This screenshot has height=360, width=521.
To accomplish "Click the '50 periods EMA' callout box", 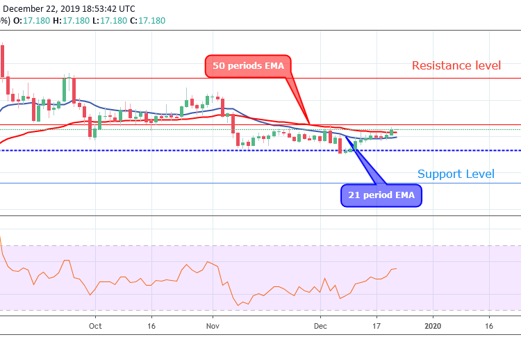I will (248, 66).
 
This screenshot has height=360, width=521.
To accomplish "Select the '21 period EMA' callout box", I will (381, 195).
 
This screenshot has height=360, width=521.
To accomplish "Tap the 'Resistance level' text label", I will (456, 65).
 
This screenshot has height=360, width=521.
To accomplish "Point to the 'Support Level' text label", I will (456, 174).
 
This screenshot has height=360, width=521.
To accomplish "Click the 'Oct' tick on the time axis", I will (95, 325).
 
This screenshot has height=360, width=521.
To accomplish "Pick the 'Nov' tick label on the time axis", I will (213, 325).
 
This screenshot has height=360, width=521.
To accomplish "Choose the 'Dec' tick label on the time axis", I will (320, 325).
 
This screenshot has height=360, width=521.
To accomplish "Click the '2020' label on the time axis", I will (432, 325).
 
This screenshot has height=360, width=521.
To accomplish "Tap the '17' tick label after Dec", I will (376, 325).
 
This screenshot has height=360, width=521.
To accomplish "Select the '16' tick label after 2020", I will (488, 325).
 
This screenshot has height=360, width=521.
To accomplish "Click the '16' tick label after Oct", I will (151, 325).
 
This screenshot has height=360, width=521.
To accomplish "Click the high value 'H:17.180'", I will (72, 21).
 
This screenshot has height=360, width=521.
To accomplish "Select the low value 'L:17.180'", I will (110, 21).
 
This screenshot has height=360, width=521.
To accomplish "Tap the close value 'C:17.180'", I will (147, 21).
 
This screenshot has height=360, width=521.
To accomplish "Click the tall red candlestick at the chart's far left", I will (3, 61).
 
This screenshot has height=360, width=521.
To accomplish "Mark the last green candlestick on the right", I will (392, 131).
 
